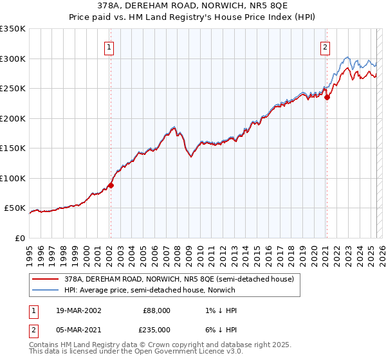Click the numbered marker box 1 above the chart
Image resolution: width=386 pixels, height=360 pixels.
(x=110, y=47)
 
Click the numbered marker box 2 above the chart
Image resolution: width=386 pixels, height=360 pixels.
(x=326, y=47)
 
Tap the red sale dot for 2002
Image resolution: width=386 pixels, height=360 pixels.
(x=111, y=185)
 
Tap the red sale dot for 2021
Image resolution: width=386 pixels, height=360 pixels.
(x=327, y=97)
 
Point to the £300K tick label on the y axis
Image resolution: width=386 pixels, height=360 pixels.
(x=12, y=59)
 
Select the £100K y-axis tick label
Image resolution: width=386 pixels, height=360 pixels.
(x=12, y=178)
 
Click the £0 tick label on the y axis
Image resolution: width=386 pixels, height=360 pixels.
(x=20, y=238)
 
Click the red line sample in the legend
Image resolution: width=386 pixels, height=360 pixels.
(x=46, y=279)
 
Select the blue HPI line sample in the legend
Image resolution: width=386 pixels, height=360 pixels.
(x=46, y=290)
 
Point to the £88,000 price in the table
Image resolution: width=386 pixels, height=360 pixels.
(x=158, y=310)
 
